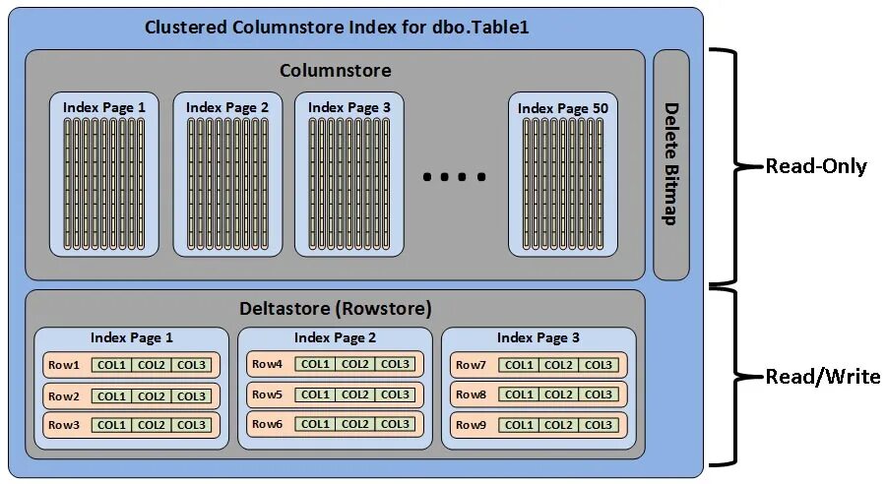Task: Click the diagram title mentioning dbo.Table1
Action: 337,27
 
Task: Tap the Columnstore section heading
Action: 335,70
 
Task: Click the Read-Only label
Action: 816,166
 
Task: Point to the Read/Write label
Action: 823,377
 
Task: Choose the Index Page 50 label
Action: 563,107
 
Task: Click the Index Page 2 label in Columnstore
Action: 227,106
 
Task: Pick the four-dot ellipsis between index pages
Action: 454,177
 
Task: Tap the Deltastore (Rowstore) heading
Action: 335,309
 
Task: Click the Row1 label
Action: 64,365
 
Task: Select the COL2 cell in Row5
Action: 355,394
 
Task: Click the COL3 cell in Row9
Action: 599,425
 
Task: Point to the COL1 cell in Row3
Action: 111,425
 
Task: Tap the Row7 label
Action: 471,365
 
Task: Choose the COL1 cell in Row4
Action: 315,365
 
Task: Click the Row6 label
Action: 268,425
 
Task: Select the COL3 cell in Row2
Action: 191,395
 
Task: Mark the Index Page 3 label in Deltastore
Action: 538,337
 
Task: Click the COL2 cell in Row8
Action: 558,394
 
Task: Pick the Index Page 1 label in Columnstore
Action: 104,106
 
